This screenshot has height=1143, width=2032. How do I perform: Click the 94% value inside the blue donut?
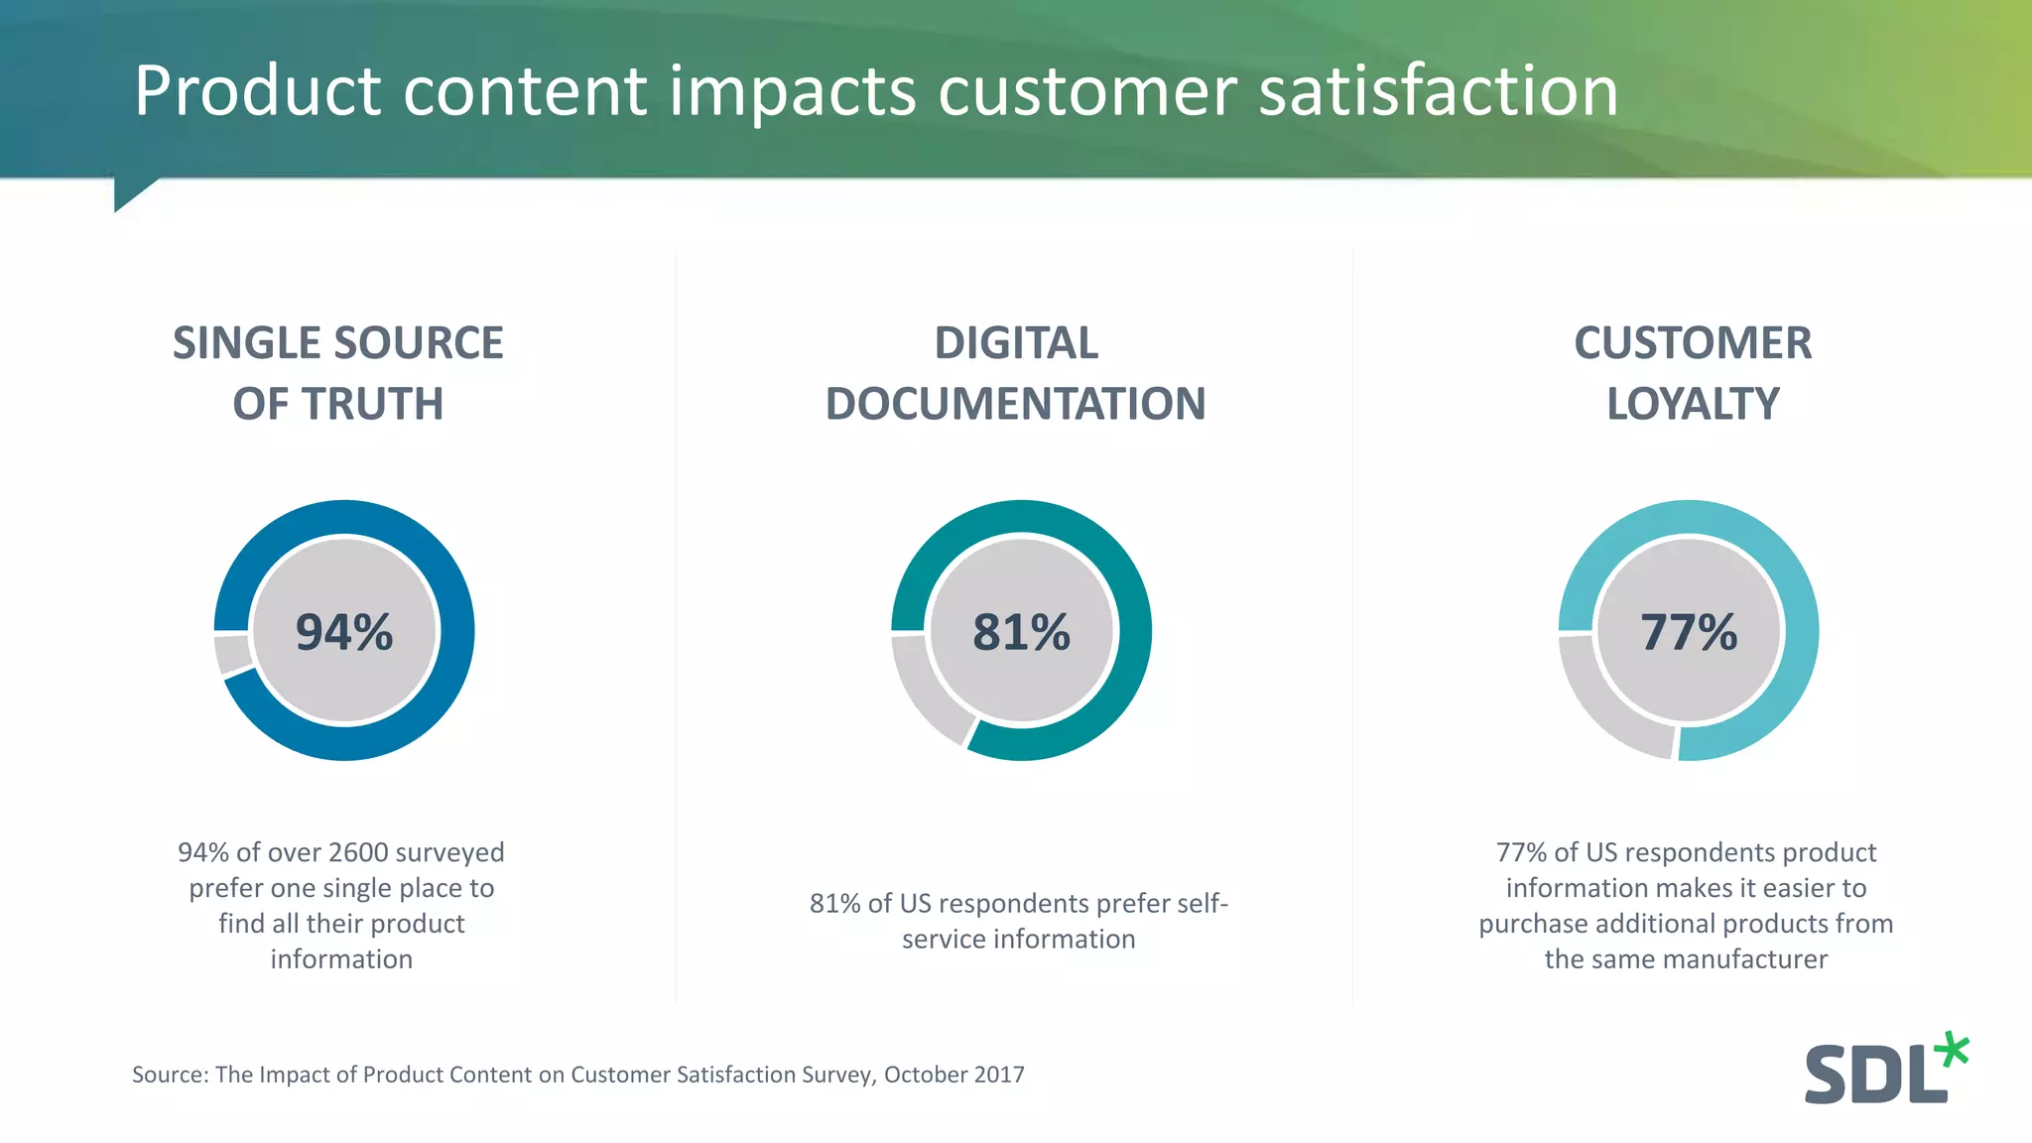[344, 632]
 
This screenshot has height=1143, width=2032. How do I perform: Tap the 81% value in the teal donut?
[1021, 632]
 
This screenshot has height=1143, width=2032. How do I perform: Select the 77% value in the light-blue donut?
[1689, 632]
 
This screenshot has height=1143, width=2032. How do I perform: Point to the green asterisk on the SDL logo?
[1953, 1051]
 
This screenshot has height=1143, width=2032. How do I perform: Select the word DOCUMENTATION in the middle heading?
[1015, 404]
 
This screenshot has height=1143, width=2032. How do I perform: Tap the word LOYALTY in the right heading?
[1693, 404]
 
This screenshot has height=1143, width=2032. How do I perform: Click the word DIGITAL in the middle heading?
[1016, 343]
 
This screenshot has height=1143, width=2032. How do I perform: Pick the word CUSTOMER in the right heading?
[1693, 343]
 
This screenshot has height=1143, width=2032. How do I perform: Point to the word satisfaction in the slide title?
[1439, 90]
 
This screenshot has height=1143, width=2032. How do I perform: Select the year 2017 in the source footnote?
[999, 1075]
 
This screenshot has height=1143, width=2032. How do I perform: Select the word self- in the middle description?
[1202, 904]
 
